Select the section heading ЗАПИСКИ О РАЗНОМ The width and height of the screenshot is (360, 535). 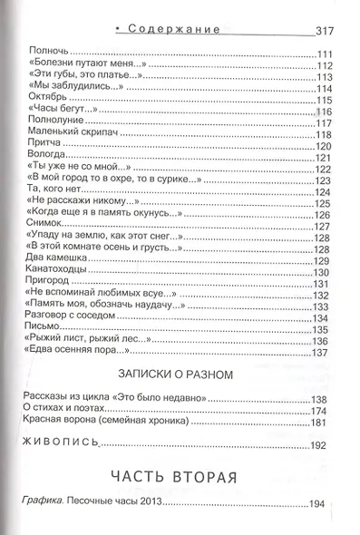(x=184, y=374)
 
